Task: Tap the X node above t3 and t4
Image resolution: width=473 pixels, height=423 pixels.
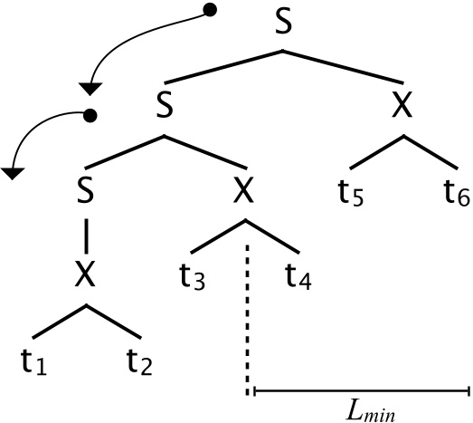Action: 243,190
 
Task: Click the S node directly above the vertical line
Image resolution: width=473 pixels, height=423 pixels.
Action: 85,190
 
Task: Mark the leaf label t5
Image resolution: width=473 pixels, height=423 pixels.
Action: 352,192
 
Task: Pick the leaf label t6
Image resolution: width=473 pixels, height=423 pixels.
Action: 456,192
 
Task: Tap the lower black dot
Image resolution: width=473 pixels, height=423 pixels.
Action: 89,115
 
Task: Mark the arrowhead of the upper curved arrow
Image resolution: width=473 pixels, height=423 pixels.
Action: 90,87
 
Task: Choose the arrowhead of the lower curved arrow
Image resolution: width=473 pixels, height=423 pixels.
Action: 13,171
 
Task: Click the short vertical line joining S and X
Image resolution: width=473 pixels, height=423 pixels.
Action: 85,234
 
